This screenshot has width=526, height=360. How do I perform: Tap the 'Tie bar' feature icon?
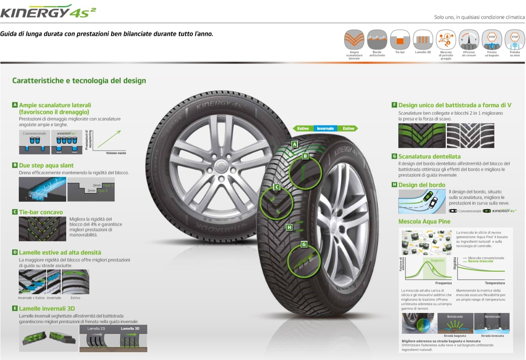[400, 40]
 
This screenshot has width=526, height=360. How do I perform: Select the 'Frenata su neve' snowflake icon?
[515, 40]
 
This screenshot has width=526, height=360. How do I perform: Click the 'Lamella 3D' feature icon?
[423, 40]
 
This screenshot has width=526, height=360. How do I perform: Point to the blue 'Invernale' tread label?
[325, 128]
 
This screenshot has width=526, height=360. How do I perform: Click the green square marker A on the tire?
[295, 144]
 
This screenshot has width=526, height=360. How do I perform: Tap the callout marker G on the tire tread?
[304, 244]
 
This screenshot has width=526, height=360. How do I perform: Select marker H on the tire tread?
[289, 227]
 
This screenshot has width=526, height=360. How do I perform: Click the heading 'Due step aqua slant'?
[46, 165]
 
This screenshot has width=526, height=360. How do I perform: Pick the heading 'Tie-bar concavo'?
[41, 212]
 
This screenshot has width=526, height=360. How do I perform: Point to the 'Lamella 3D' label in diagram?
[130, 329]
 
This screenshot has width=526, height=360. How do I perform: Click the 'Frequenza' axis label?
[443, 283]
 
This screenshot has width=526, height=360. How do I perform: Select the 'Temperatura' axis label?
[495, 283]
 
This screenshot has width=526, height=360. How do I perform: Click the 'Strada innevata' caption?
[492, 336]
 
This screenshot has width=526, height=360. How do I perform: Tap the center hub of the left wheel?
[221, 179]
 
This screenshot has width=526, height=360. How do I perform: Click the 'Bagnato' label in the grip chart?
[437, 261]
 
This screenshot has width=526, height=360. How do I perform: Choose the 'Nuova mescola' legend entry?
[481, 261]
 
